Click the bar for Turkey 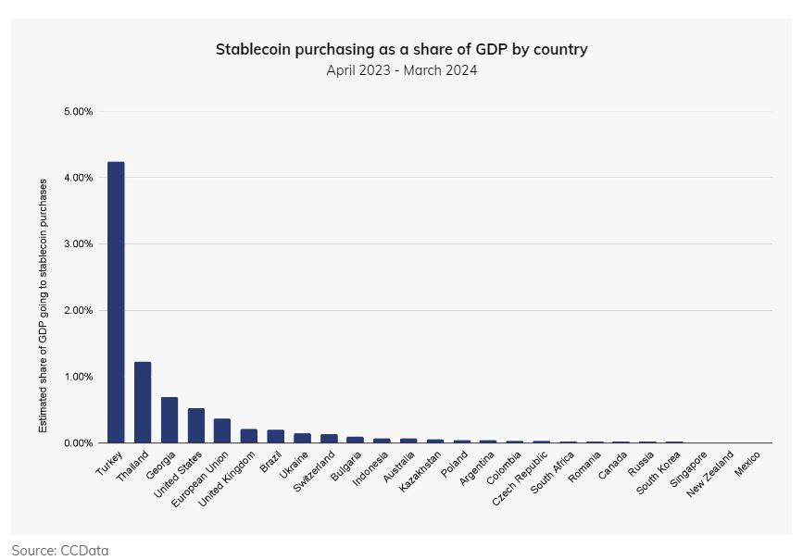tap(116, 303)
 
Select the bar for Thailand tap(143, 403)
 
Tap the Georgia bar tap(169, 420)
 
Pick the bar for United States tap(196, 426)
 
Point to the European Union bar tap(222, 431)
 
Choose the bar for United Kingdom tap(249, 436)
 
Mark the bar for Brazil tap(276, 437)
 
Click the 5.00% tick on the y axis tap(78, 112)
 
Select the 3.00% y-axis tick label tap(78, 244)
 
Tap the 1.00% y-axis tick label tap(78, 377)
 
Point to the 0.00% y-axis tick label tap(78, 443)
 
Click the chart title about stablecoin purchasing tap(401, 49)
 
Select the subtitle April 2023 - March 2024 tap(401, 70)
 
